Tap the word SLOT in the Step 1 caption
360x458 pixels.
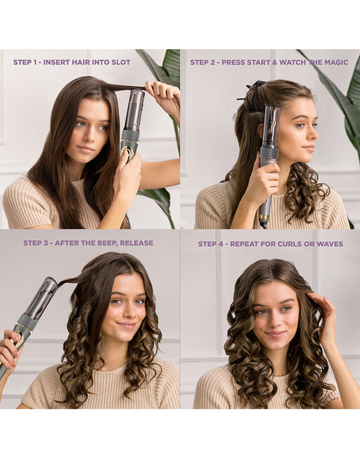click(120, 62)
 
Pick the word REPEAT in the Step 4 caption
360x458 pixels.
click(247, 243)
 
